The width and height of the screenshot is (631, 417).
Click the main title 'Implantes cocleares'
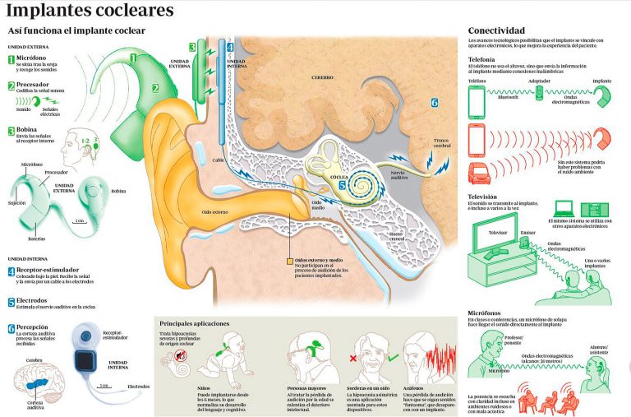(x=90, y=11)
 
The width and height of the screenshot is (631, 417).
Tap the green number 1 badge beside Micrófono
(x=11, y=59)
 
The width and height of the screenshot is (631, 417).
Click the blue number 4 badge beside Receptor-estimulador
(x=11, y=271)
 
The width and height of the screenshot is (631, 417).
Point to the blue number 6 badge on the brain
(x=434, y=103)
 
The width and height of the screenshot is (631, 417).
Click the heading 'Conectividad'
(x=496, y=30)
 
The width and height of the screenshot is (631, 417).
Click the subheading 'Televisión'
(x=485, y=197)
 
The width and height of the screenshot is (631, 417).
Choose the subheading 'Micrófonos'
(x=486, y=313)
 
